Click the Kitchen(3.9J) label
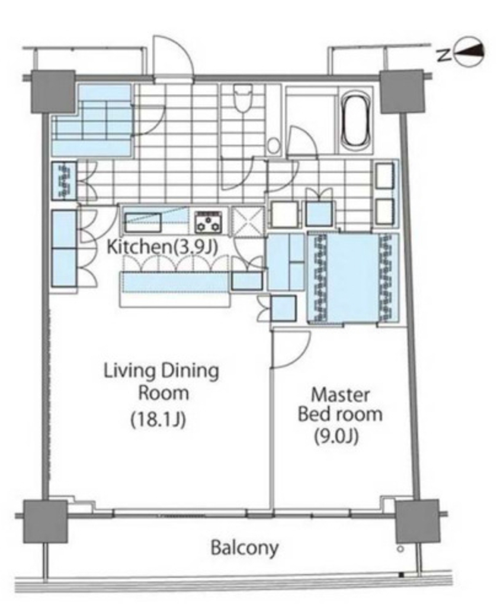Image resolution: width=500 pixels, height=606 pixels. pyautogui.click(x=162, y=247)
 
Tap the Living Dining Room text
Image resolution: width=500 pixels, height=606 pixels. pyautogui.click(x=161, y=382)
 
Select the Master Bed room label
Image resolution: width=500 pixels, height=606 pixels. pyautogui.click(x=340, y=405)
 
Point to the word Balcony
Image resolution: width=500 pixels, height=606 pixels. pyautogui.click(x=245, y=548)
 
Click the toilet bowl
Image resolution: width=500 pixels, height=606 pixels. pyautogui.click(x=243, y=99)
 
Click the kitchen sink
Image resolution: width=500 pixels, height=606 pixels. pyautogui.click(x=143, y=223)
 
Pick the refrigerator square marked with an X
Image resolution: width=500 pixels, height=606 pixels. pyautogui.click(x=248, y=221)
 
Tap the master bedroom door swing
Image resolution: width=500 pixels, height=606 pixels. pyautogui.click(x=291, y=349)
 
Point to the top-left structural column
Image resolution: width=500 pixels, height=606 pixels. pyautogui.click(x=53, y=92)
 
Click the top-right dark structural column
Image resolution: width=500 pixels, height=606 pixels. pyautogui.click(x=402, y=92)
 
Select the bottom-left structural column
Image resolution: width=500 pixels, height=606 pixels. pyautogui.click(x=45, y=521)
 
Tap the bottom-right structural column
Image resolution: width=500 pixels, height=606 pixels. pyautogui.click(x=417, y=521)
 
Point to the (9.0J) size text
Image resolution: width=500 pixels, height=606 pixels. pyautogui.click(x=335, y=436)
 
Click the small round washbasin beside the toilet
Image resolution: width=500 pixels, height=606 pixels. pyautogui.click(x=274, y=146)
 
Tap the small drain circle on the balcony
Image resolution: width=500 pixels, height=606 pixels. pyautogui.click(x=400, y=549)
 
